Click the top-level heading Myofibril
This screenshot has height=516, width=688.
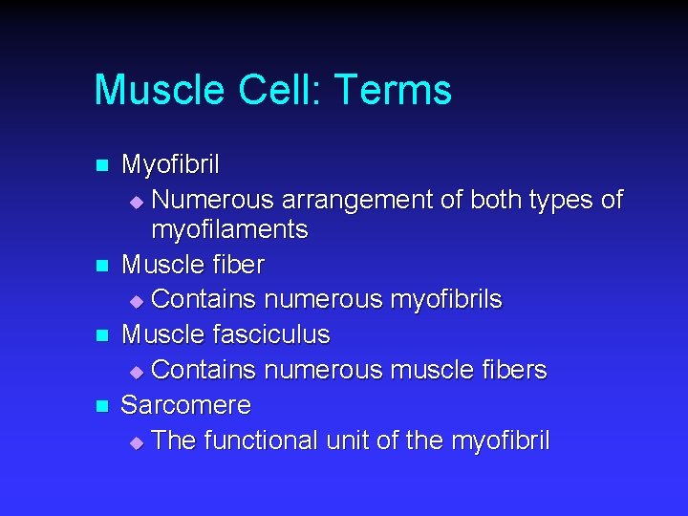pos(170,164)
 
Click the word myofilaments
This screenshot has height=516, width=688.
pos(229,229)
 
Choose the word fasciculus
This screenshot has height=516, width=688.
pos(271,334)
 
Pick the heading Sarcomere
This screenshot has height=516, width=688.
pos(186,405)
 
